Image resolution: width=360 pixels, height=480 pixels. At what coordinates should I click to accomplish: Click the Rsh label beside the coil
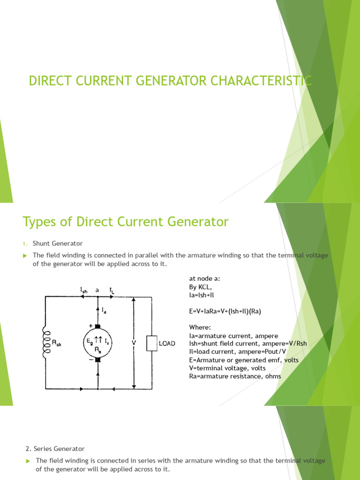[x=56, y=343]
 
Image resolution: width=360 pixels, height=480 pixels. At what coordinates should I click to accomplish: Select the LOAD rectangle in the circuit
[x=151, y=343]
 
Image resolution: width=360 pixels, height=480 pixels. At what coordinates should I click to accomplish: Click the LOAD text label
[x=167, y=343]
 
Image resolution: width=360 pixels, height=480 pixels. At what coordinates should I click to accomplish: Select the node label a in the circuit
[x=97, y=290]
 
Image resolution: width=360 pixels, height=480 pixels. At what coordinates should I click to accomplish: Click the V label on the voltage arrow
[x=134, y=343]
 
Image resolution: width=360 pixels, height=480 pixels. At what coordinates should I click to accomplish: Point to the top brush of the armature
[x=97, y=326]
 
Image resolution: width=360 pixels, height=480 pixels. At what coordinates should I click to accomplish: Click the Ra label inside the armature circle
[x=97, y=349]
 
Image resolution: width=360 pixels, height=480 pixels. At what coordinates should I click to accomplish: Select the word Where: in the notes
[x=199, y=327]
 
